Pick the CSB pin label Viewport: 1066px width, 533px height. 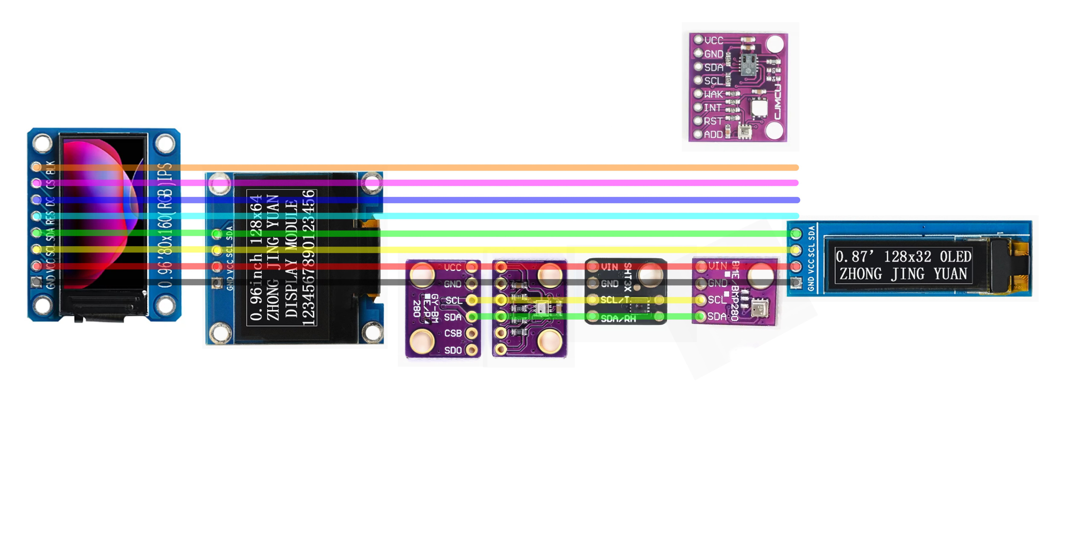point(453,333)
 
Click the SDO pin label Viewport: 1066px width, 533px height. point(453,350)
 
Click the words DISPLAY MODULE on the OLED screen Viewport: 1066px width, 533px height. point(292,259)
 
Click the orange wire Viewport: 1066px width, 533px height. point(497,168)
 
